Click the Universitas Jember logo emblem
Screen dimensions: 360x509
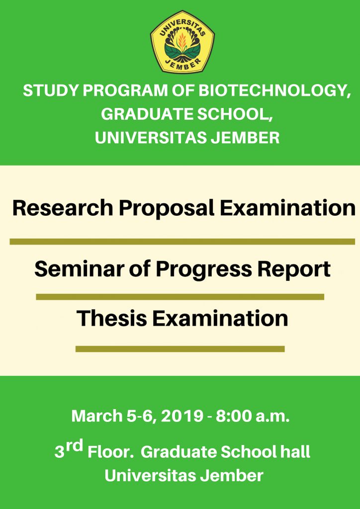click(x=182, y=42)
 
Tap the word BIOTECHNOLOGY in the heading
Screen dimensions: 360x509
click(x=274, y=91)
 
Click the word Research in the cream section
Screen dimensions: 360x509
click(x=63, y=208)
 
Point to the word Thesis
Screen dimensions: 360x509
click(x=111, y=319)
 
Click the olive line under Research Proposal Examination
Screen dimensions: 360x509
click(x=182, y=242)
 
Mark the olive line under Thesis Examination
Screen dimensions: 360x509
click(x=180, y=349)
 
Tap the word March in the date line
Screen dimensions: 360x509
click(x=96, y=416)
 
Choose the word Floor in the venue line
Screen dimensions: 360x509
click(x=111, y=452)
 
